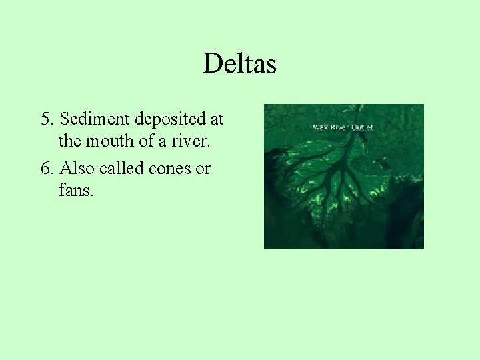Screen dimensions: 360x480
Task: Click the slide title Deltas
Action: (x=239, y=64)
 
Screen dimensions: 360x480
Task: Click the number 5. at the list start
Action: (x=47, y=119)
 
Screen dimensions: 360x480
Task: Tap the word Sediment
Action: (x=95, y=119)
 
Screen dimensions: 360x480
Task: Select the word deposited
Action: (x=169, y=120)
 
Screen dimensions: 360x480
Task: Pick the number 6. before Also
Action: (x=47, y=169)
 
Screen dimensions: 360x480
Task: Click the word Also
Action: (x=78, y=169)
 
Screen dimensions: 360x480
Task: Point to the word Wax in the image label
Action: (x=321, y=127)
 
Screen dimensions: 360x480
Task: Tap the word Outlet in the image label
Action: (x=362, y=127)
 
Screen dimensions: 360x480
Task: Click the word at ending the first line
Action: (x=216, y=120)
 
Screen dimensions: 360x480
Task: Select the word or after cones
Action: (x=202, y=169)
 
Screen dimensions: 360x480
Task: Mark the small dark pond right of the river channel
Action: (x=383, y=161)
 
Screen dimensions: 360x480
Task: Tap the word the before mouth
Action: (x=69, y=141)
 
